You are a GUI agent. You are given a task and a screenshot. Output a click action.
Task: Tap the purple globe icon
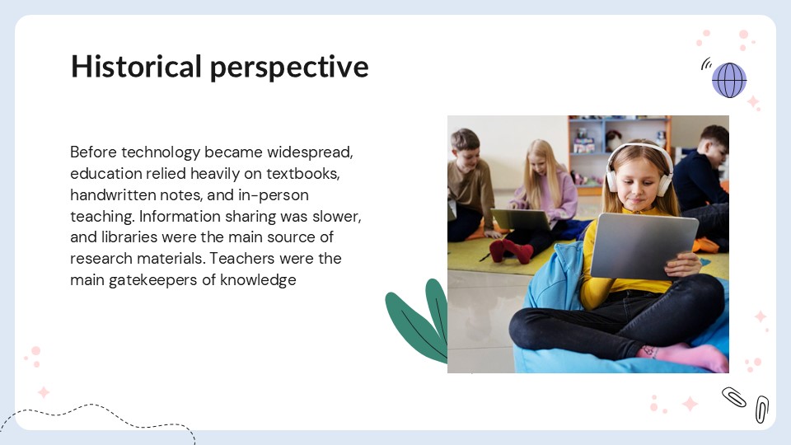pyautogui.click(x=728, y=80)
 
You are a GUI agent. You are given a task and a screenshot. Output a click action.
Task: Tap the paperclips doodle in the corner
pyautogui.click(x=747, y=403)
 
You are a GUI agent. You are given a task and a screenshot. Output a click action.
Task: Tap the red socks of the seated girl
pyautogui.click(x=511, y=250)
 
